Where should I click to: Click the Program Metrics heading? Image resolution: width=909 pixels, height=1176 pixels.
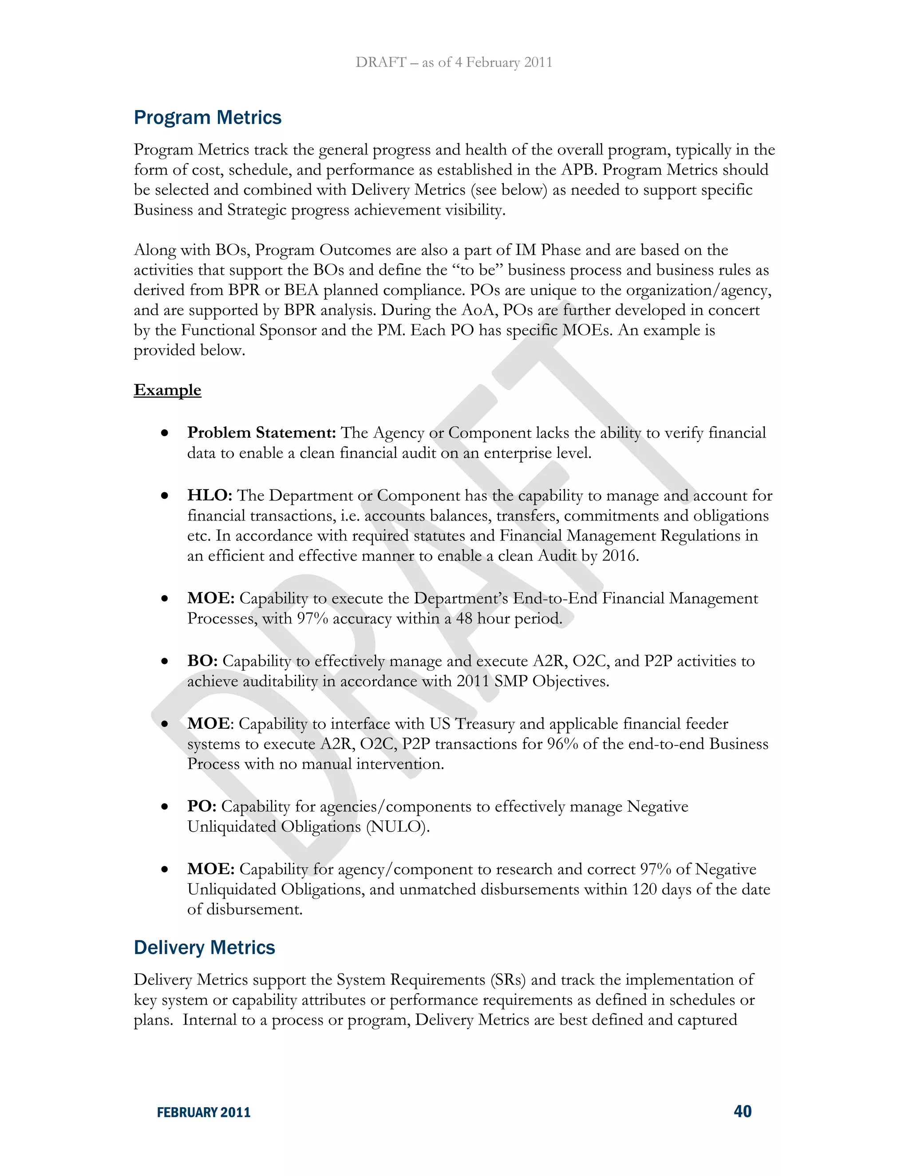[207, 118]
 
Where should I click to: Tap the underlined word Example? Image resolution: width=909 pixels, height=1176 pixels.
[167, 390]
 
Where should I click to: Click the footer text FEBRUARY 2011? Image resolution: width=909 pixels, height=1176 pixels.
[204, 1113]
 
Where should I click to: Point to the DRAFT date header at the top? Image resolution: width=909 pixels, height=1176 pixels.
[454, 63]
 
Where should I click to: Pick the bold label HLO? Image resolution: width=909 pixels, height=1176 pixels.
[209, 495]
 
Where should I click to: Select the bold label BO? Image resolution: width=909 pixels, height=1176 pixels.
[202, 661]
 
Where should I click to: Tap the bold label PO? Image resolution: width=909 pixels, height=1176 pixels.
[202, 807]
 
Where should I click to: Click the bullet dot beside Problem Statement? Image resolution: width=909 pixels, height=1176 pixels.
[165, 434]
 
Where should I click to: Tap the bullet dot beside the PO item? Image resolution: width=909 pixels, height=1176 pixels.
[165, 807]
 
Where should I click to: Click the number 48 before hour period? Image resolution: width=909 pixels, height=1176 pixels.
[464, 619]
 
